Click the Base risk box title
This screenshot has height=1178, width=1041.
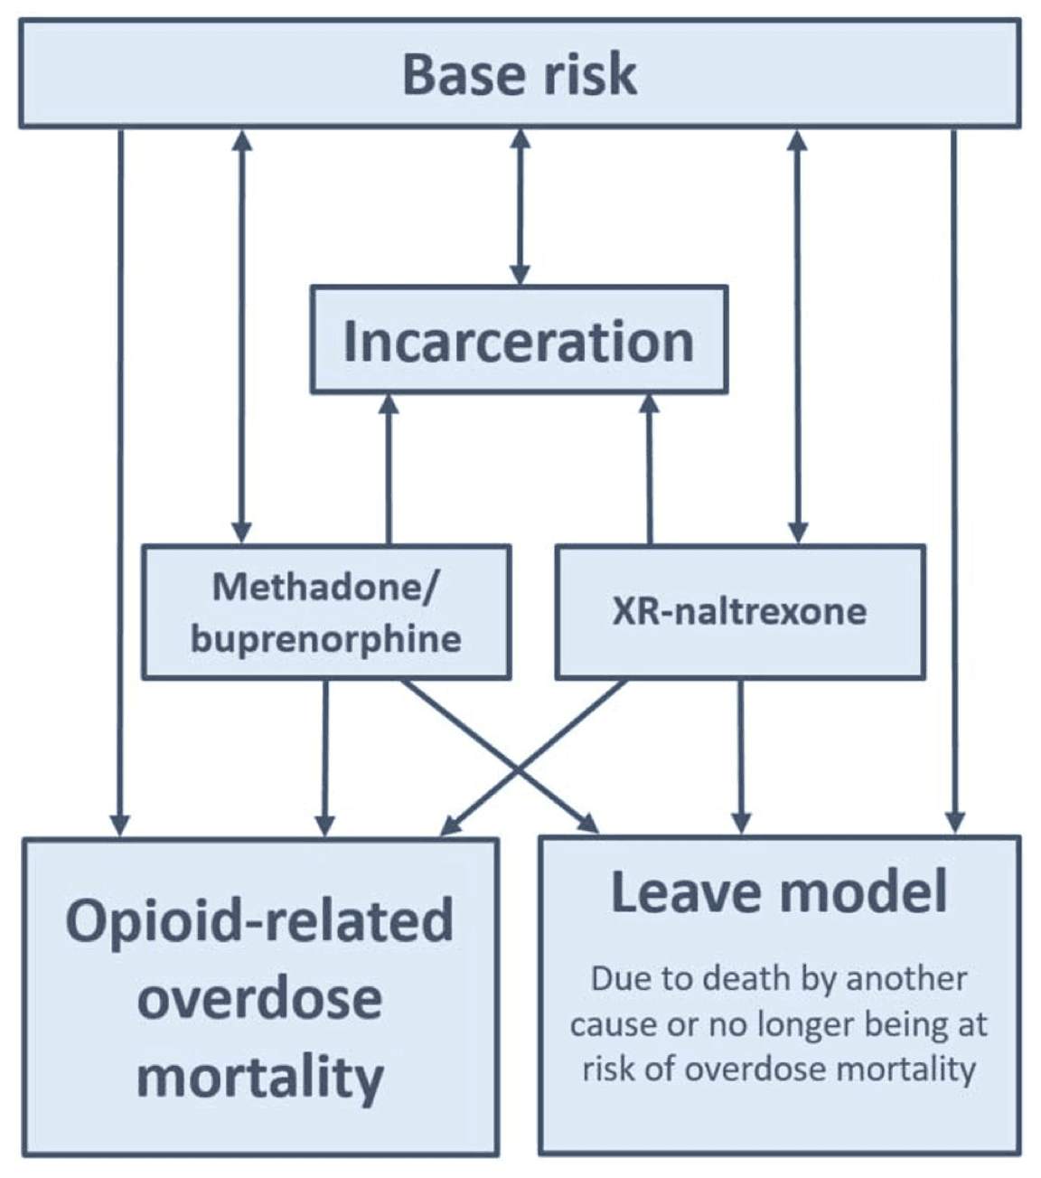click(x=520, y=74)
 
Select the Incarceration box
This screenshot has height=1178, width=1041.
click(x=519, y=341)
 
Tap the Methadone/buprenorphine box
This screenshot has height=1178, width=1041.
click(x=326, y=612)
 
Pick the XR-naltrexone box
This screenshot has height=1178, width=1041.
click(x=739, y=612)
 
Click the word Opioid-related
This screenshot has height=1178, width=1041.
click(x=259, y=920)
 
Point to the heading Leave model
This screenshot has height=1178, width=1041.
click(x=779, y=891)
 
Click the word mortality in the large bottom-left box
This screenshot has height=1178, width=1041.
click(x=259, y=1076)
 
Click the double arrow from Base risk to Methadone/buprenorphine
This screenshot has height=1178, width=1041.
click(x=241, y=335)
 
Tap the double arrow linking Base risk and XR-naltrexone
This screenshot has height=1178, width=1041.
click(x=797, y=335)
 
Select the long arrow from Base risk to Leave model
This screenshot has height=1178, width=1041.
click(x=954, y=479)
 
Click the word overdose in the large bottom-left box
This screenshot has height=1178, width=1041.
click(x=259, y=998)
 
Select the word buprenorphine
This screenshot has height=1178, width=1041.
click(x=326, y=639)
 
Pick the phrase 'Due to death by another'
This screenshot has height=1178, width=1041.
click(x=779, y=978)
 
